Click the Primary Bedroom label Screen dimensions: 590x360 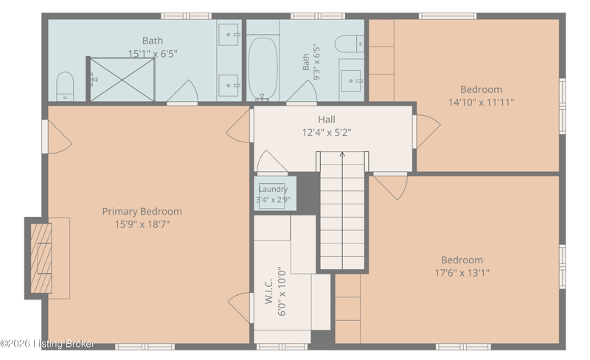(x=142, y=211)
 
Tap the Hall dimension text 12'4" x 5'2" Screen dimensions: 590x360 (x=327, y=133)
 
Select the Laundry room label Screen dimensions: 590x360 (x=273, y=189)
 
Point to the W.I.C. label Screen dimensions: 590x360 (x=268, y=291)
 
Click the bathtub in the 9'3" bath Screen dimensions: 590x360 (x=263, y=69)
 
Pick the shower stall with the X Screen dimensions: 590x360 (x=122, y=79)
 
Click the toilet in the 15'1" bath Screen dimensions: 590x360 (x=65, y=86)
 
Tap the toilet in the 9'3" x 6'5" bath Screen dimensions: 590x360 (x=349, y=44)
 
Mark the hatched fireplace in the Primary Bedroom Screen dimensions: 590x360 (x=41, y=258)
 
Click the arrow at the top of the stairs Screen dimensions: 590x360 (x=342, y=154)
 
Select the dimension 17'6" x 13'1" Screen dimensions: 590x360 (x=462, y=273)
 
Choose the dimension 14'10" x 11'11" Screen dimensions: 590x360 (x=482, y=102)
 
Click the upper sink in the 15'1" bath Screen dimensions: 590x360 (x=229, y=34)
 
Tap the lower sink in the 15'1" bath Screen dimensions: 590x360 (x=229, y=85)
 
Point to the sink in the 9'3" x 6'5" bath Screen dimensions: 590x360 (x=351, y=80)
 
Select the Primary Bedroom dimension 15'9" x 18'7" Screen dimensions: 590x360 (x=142, y=224)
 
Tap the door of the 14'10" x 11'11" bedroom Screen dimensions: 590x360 (x=428, y=131)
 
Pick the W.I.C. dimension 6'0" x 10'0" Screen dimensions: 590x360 (x=282, y=292)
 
